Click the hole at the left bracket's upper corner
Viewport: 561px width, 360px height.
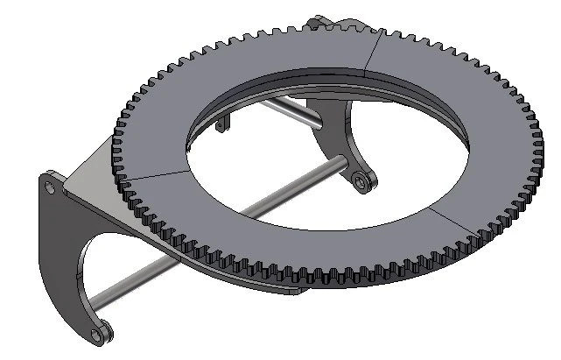pyautogui.click(x=49, y=187)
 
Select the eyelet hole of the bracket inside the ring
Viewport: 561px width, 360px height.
pyautogui.click(x=361, y=181)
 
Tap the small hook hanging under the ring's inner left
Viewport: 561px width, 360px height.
pyautogui.click(x=222, y=124)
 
